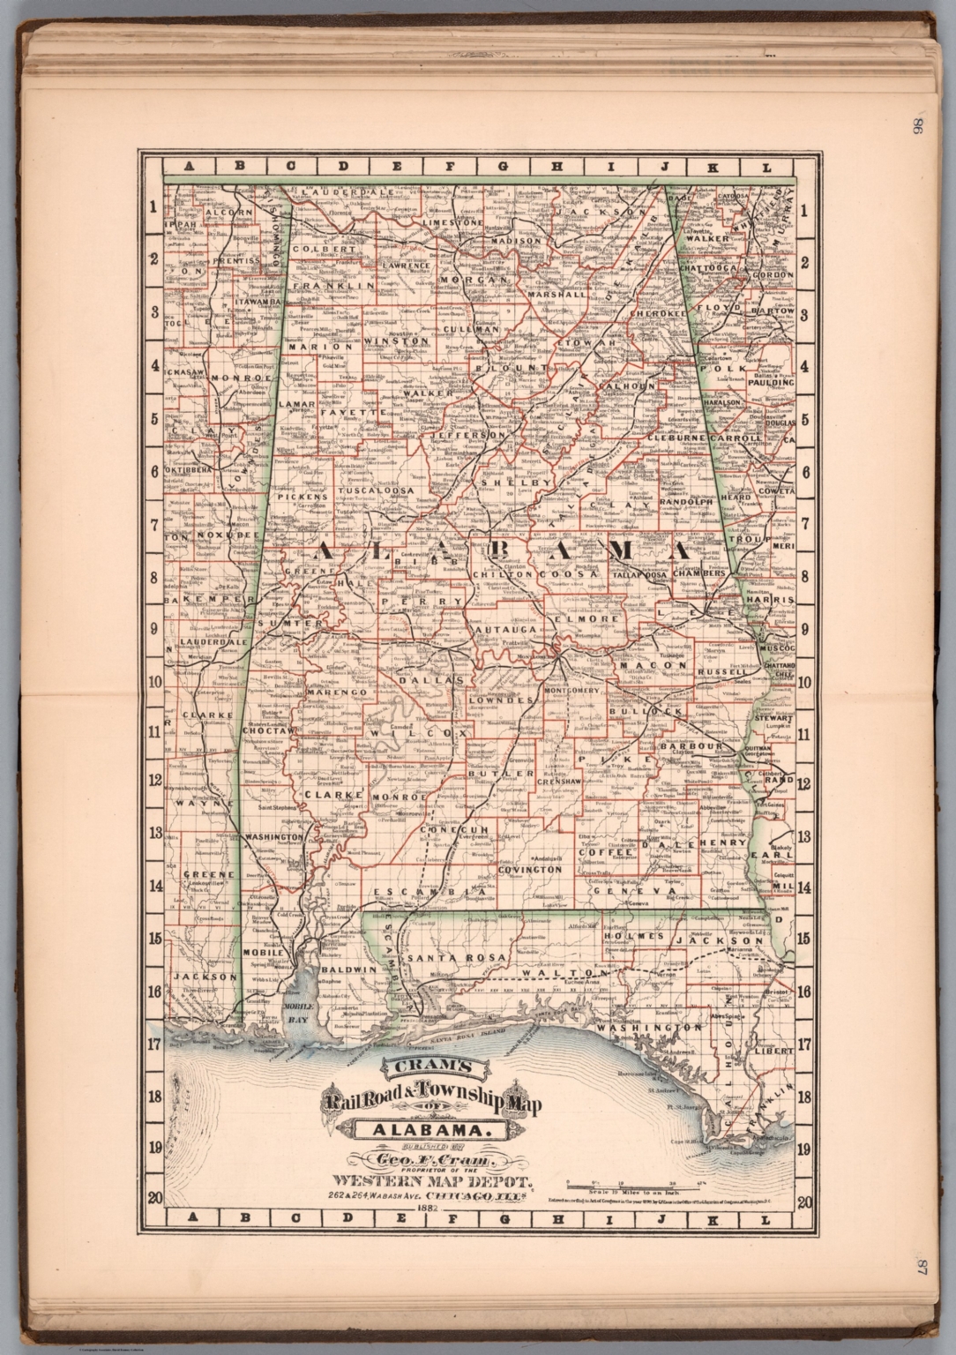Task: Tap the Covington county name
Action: (530, 869)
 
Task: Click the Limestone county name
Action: (453, 224)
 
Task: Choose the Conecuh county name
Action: (454, 830)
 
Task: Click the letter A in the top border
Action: (187, 167)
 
